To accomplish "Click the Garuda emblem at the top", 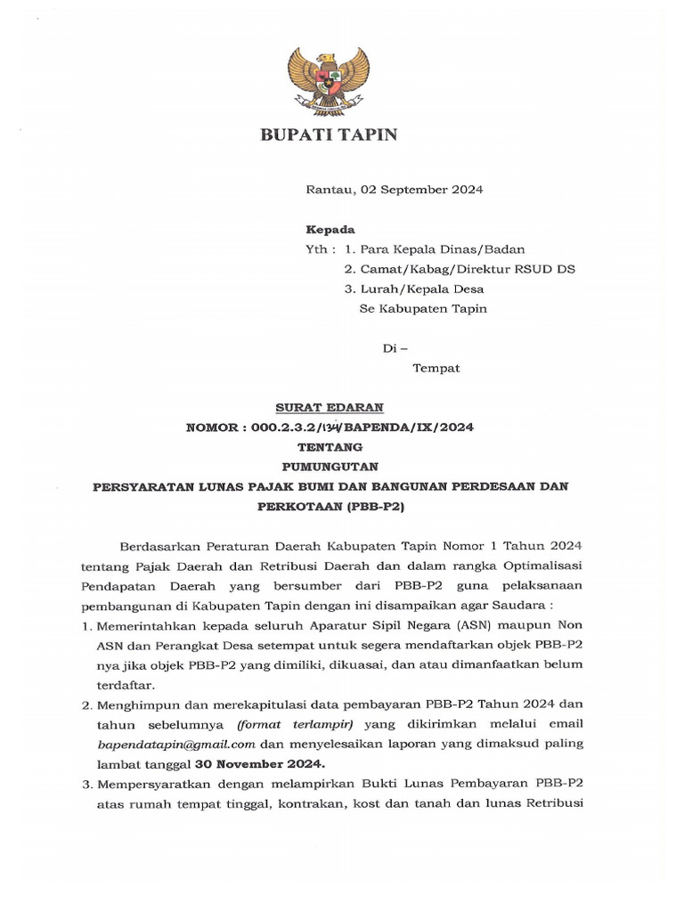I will click(x=328, y=78).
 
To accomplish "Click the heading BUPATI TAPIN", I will click(x=328, y=135).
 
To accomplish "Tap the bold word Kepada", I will click(x=330, y=229).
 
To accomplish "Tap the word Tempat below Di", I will click(x=436, y=368).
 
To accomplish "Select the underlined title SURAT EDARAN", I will click(x=329, y=407).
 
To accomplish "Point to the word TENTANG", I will click(x=329, y=446).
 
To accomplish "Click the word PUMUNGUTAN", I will click(x=329, y=466).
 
